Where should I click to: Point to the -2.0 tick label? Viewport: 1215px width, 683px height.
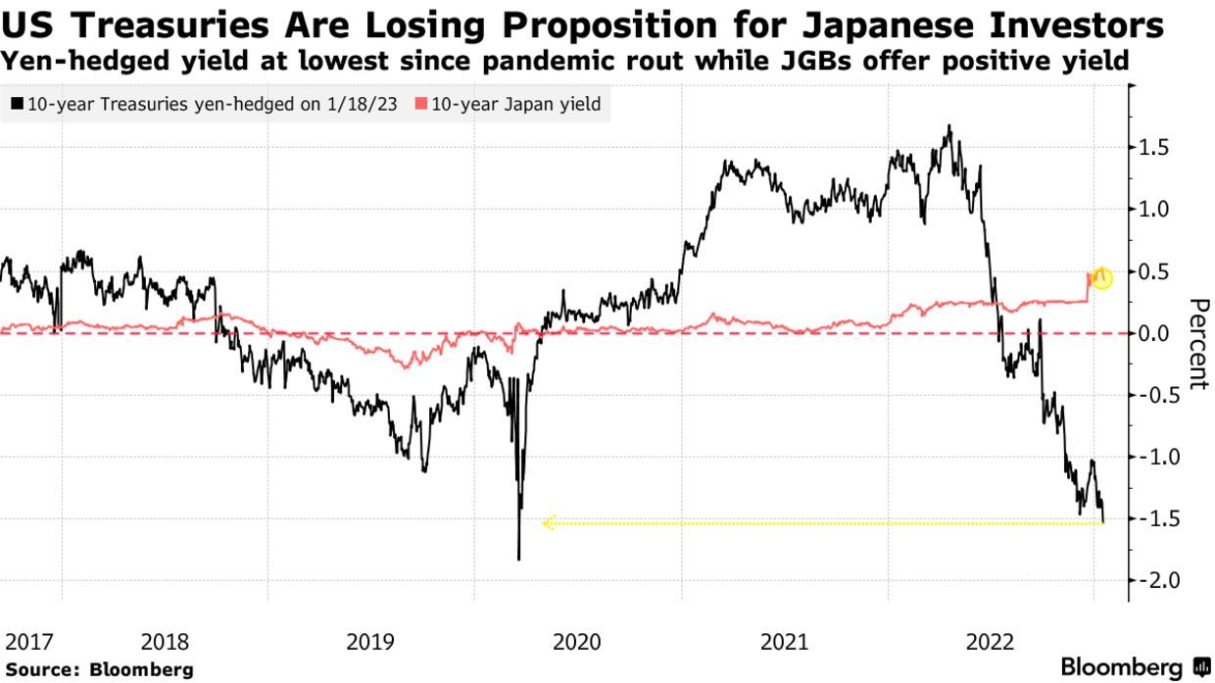coord(1153,581)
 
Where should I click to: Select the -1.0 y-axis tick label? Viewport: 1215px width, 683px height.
coord(1153,457)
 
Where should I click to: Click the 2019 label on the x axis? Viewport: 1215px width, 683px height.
coord(370,643)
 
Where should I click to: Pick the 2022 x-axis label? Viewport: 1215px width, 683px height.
coord(990,643)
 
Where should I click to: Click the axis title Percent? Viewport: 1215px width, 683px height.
coord(1197,344)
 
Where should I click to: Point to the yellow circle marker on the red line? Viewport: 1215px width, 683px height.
coord(1102,278)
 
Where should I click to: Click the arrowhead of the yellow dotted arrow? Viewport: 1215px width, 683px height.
coord(548,523)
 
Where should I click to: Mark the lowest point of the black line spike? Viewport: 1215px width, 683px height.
coord(518,560)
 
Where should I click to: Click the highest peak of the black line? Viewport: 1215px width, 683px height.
coord(948,125)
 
